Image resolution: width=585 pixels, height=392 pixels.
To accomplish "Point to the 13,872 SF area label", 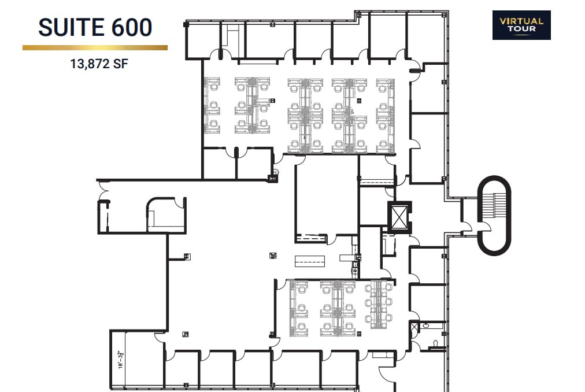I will [x=95, y=64].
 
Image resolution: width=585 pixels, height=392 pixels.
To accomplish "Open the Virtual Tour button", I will [x=521, y=25].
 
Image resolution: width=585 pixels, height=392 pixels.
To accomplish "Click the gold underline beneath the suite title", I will [x=95, y=48].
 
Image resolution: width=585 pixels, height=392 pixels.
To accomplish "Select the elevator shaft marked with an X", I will [x=398, y=217].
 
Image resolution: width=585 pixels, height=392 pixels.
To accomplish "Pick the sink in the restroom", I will [x=426, y=326].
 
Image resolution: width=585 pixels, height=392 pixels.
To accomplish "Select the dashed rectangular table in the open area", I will [x=310, y=261].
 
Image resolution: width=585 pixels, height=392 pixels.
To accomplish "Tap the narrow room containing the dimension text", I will [x=119, y=361].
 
